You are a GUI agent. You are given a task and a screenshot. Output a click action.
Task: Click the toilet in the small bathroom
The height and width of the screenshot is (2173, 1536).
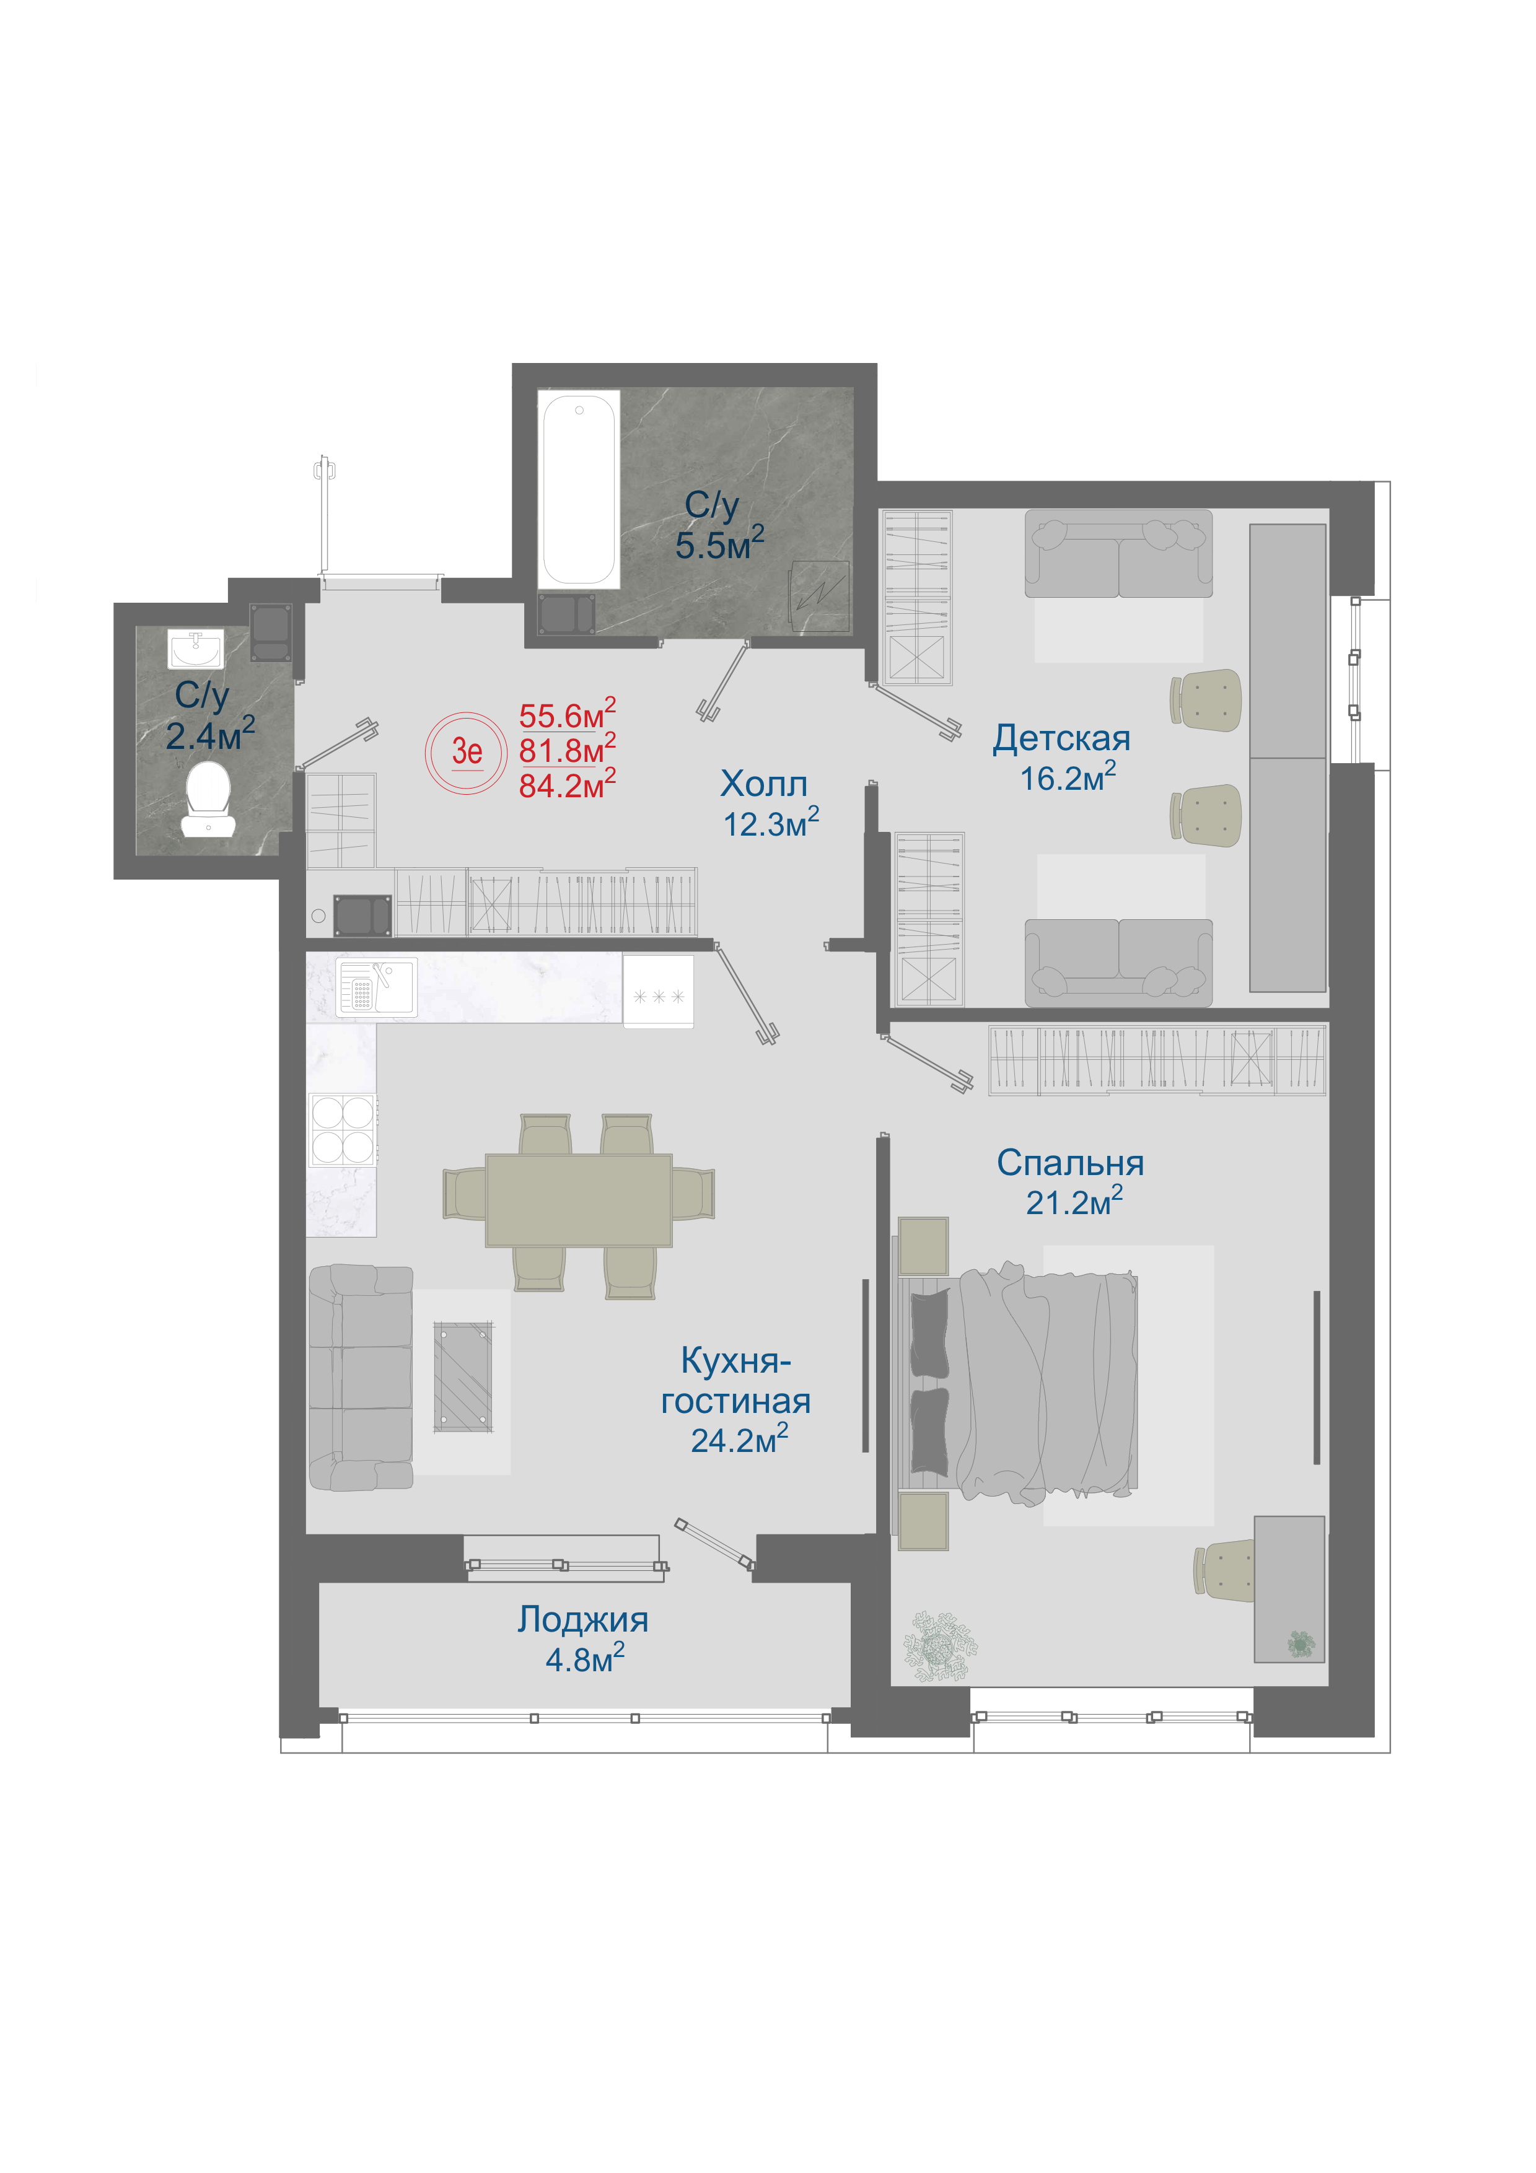point(208,799)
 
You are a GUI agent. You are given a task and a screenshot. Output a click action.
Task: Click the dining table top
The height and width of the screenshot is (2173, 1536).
point(579,1200)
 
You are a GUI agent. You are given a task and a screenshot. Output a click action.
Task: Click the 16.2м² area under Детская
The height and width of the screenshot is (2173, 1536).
point(1068,777)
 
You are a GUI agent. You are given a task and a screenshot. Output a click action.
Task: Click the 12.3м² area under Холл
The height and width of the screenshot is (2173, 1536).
point(770,823)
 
